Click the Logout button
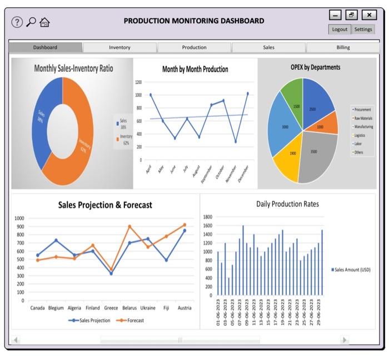(x=340, y=29)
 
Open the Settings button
(x=363, y=29)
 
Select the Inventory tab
(x=119, y=47)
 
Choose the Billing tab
(x=343, y=47)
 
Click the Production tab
(x=194, y=47)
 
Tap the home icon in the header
(x=45, y=22)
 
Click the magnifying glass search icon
(x=31, y=22)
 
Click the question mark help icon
(x=17, y=22)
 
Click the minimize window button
(x=335, y=15)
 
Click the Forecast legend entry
(x=132, y=320)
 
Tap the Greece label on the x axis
(x=111, y=308)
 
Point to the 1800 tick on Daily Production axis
(x=207, y=217)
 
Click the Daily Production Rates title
(x=287, y=204)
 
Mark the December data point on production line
(x=247, y=93)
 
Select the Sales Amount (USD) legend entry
(x=351, y=269)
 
